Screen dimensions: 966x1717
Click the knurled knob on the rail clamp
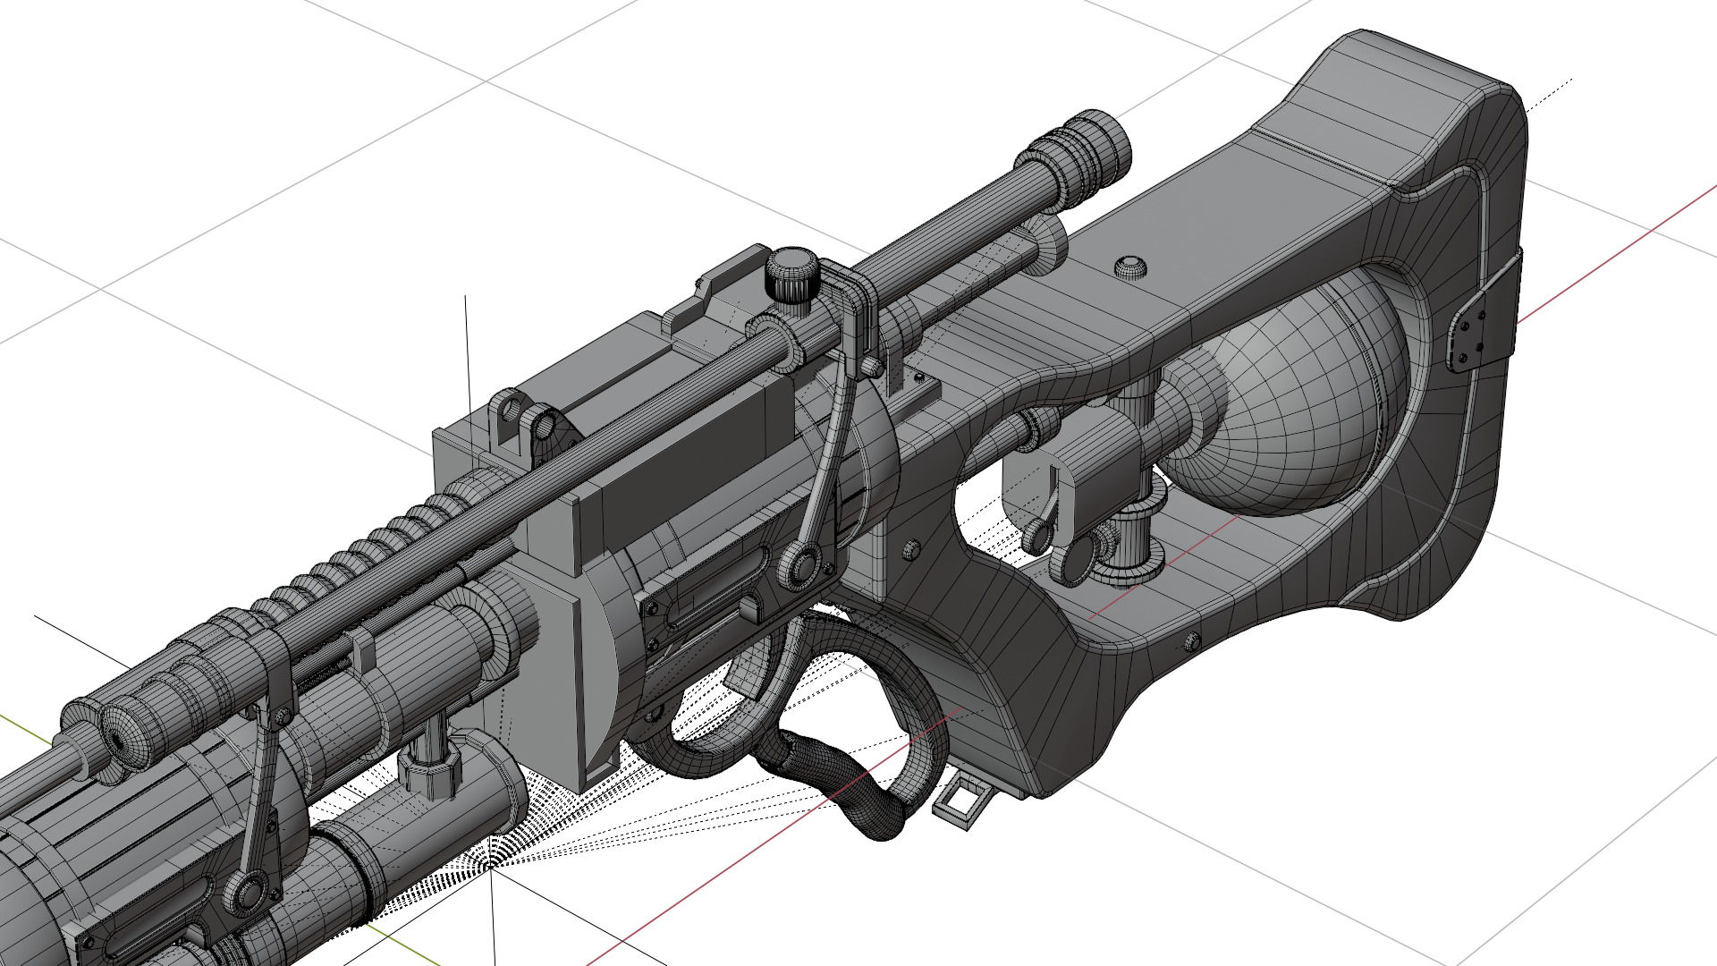pos(790,273)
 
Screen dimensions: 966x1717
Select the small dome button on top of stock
pos(1131,266)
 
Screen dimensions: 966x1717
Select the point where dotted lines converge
pos(491,866)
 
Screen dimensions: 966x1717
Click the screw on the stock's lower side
pos(1190,640)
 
